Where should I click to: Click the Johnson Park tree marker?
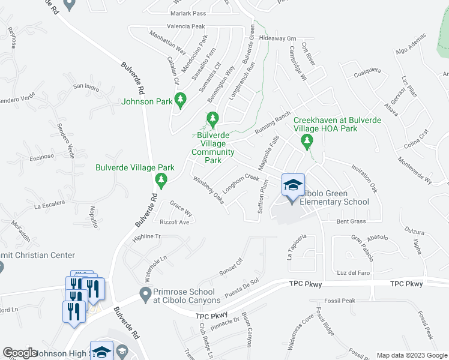tap(179, 100)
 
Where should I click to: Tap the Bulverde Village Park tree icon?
tap(160, 179)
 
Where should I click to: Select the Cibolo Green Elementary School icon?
tap(293, 187)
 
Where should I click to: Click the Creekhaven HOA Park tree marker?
tap(307, 142)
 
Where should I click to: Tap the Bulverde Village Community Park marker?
tap(212, 119)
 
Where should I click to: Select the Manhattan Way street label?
tap(151, 45)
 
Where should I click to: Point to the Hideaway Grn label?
tap(279, 38)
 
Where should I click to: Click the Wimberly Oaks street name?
tap(208, 190)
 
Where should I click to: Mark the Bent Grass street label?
tap(351, 222)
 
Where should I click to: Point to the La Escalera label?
tap(50, 207)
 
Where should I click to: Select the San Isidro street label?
tap(86, 86)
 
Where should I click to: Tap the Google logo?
tap(20, 353)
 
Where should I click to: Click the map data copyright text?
tap(411, 355)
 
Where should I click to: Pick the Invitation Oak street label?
tap(364, 179)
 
